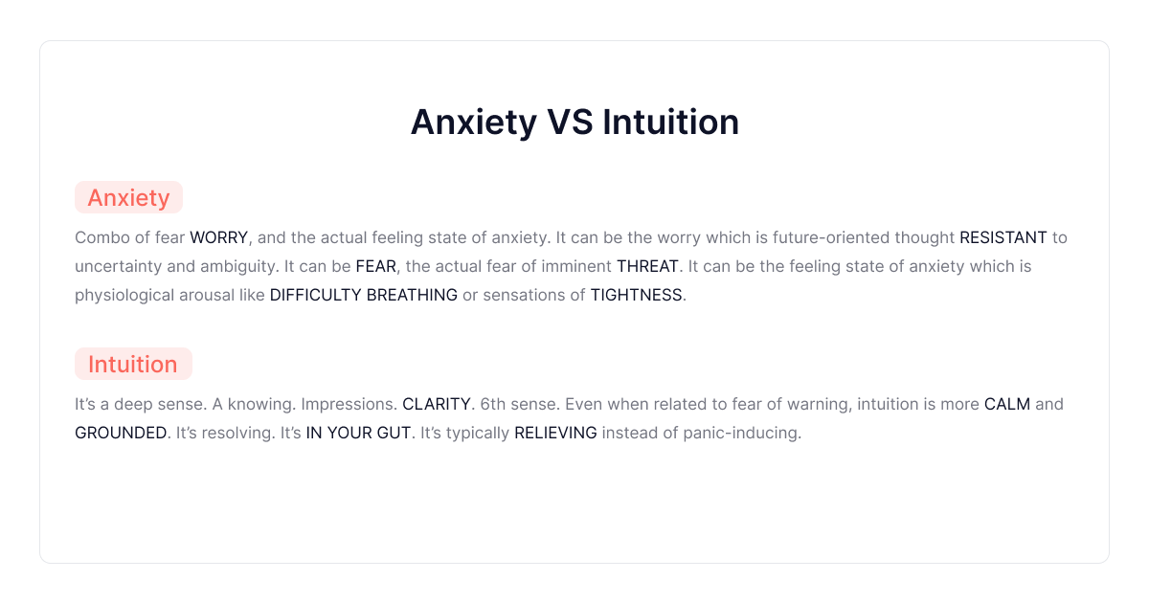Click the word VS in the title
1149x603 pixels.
coord(572,123)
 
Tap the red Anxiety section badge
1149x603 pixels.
coord(128,198)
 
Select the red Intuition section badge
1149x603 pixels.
coord(133,365)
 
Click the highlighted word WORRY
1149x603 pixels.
coord(218,237)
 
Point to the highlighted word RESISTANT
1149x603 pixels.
coord(1003,237)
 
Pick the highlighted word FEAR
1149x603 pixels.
coord(375,266)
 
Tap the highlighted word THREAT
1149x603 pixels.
coord(647,266)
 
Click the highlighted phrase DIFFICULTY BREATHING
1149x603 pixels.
coord(364,295)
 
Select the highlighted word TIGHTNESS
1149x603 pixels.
coord(636,295)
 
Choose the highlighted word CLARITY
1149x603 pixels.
coord(437,404)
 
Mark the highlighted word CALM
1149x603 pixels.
coord(1007,404)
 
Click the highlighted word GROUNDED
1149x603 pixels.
coord(121,433)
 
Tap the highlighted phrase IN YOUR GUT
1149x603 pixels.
coord(359,433)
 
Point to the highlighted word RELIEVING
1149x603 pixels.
coord(555,433)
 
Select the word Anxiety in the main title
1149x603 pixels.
coord(473,123)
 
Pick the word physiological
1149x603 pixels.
coord(124,295)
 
